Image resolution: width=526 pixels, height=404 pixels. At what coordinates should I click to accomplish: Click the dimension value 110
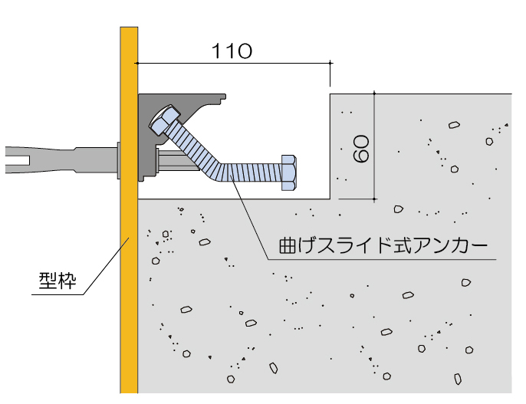click(x=232, y=51)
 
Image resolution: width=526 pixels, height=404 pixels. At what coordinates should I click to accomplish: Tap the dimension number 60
click(x=362, y=147)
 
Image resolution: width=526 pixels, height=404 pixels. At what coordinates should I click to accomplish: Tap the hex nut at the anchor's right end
click(x=288, y=172)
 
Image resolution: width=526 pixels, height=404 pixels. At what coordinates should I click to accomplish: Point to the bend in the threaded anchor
click(x=219, y=168)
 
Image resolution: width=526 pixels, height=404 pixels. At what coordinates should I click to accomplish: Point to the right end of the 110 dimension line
click(x=330, y=63)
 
